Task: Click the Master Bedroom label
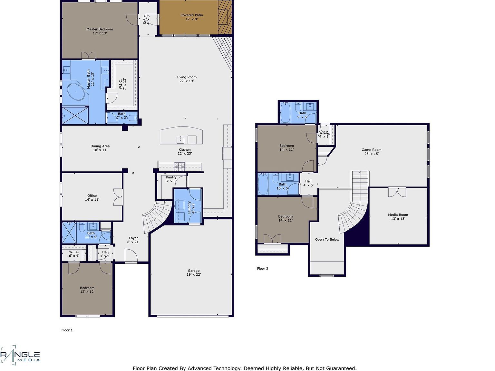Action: (x=100, y=29)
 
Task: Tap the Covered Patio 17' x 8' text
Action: (x=191, y=17)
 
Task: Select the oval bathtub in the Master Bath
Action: (x=76, y=92)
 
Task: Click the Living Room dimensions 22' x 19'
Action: (x=186, y=81)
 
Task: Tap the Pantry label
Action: (x=171, y=177)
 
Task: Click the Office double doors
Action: (x=118, y=197)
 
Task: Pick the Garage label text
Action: (x=194, y=271)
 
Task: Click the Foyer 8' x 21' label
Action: (x=133, y=240)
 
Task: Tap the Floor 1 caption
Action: (x=67, y=330)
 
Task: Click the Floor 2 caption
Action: (x=262, y=269)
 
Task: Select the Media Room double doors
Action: (x=397, y=192)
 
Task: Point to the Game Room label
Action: (x=371, y=150)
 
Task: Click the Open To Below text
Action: (x=327, y=240)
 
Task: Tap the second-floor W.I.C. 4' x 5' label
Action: (x=324, y=135)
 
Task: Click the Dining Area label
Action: (x=100, y=146)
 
